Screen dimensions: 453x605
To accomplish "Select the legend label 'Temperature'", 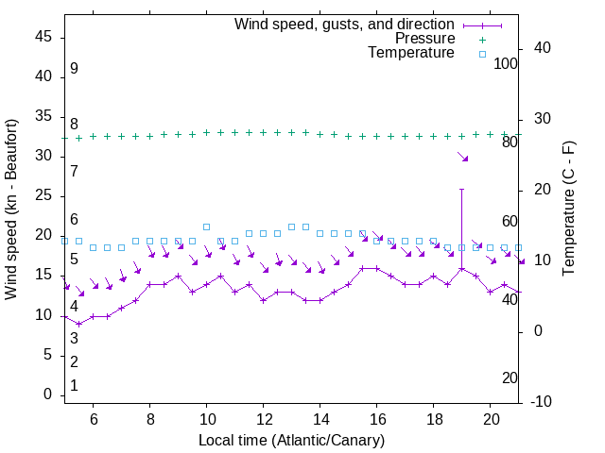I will pos(411,53).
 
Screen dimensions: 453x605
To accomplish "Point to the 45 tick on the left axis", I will pos(44,37).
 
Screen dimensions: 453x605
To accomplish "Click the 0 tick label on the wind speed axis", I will pos(48,394).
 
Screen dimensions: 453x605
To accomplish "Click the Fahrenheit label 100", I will pos(506,64).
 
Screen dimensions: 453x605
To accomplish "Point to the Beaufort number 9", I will pos(74,69).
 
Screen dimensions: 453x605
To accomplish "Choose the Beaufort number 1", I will pos(74,386).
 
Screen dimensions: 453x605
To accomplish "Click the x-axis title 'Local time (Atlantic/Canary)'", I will pos(291,440).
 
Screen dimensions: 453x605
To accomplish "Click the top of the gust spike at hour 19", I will pos(461,189).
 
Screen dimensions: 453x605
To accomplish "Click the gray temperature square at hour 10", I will pos(206,226).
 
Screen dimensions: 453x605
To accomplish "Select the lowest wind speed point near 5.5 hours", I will pos(78,324).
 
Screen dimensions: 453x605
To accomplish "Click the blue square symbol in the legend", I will pos(481,54).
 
